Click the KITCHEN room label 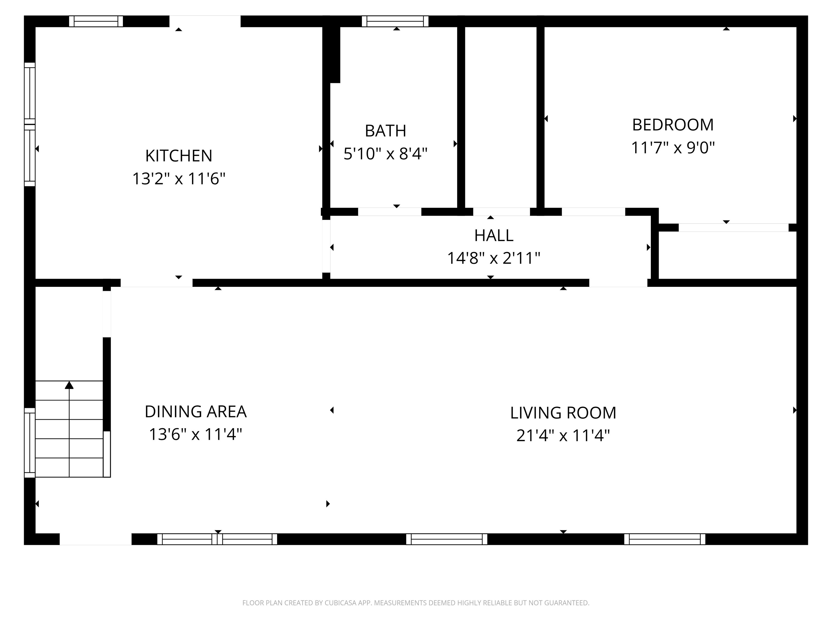(179, 156)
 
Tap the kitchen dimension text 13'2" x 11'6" (179, 179)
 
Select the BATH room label (386, 131)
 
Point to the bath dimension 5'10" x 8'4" (386, 154)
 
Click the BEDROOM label (673, 125)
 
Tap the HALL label (494, 235)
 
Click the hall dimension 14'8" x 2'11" (494, 258)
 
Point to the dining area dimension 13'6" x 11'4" (196, 434)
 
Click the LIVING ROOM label (563, 413)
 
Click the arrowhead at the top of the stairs (69, 385)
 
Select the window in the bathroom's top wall (395, 21)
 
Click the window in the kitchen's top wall (96, 21)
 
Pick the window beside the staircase (30, 442)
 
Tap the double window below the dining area (217, 539)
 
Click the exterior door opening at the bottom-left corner (96, 539)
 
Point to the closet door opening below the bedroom (733, 227)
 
